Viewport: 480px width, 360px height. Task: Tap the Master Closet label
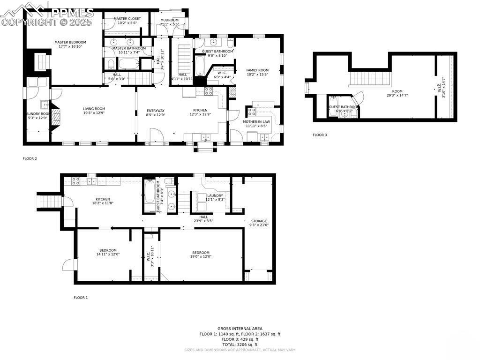tap(127, 19)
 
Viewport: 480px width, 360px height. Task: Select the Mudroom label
tap(169, 20)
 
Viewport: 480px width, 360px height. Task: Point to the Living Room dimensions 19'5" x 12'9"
tap(94, 113)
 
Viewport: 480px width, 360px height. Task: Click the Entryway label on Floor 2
tap(156, 110)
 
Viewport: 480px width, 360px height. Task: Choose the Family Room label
tap(257, 70)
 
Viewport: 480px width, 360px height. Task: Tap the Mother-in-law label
tap(256, 121)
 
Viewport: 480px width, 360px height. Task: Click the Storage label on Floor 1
tap(259, 221)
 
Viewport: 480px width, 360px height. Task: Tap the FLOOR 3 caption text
tap(320, 135)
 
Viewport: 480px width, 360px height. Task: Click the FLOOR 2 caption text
tap(30, 158)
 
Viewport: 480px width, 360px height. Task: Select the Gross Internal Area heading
tap(240, 329)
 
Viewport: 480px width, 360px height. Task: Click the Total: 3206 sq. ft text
tap(240, 344)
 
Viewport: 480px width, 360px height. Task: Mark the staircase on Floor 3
tap(370, 78)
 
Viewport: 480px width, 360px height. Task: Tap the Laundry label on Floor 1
tap(215, 195)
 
